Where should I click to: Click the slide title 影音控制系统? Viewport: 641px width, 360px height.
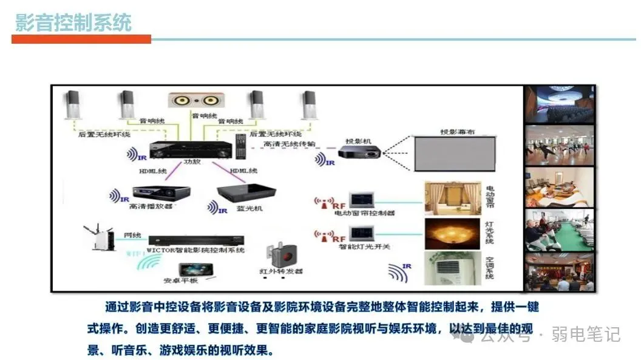tap(73, 22)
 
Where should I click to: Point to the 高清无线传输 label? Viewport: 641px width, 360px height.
tap(290, 144)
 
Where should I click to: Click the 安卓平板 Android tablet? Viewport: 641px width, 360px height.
tap(195, 270)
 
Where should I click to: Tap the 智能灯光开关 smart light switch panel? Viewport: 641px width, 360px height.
tap(364, 233)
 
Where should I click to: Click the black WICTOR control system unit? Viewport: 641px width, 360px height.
tap(196, 239)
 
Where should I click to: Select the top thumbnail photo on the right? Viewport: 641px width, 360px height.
tap(559, 103)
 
